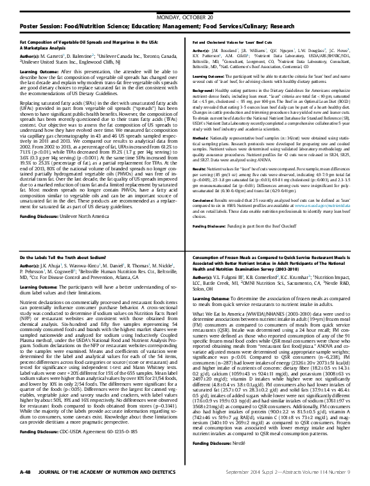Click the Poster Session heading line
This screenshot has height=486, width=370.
148,18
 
